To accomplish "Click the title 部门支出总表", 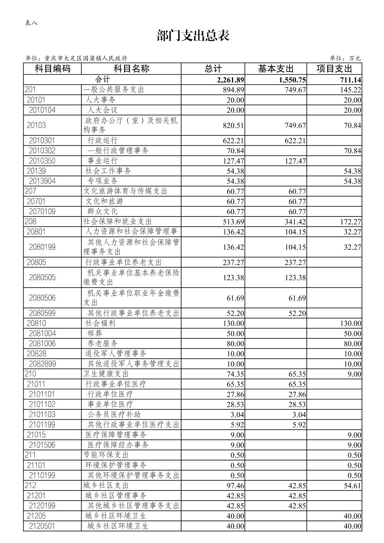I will point(193,36).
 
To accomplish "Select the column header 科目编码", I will point(52,69).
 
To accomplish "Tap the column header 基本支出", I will point(275,69).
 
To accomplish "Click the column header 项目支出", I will point(334,69).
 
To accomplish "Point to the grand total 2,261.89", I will point(230,80).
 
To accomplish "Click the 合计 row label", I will point(102,79).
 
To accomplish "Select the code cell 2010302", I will point(42,150).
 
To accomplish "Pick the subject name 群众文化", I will point(102,211).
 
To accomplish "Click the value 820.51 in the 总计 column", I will point(233,125).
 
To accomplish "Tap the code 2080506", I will point(42,298).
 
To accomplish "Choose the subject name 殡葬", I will point(95,333).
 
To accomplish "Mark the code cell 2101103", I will point(42,414).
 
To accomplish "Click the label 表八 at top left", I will point(31,23).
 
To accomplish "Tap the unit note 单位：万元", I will point(345,58).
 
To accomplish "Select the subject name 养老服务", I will point(102,343).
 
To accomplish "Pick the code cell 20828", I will point(36,354).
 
